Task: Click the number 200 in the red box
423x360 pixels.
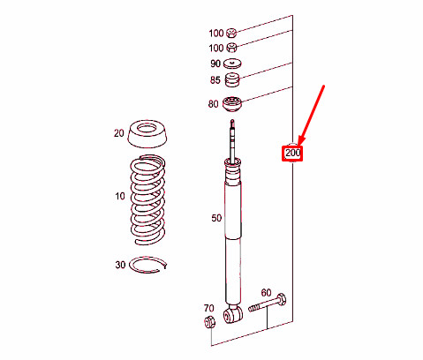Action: point(292,154)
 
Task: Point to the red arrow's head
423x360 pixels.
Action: point(300,143)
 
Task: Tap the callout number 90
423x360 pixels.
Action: point(215,64)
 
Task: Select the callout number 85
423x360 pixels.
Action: point(215,81)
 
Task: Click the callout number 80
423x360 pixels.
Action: point(213,104)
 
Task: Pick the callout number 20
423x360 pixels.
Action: point(119,134)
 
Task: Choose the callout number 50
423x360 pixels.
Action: point(216,217)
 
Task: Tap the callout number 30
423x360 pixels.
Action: point(120,264)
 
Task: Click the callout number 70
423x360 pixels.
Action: point(208,308)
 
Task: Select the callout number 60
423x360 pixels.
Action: point(265,292)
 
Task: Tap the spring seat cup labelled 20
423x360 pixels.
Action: point(148,135)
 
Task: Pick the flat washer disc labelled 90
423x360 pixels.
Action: point(234,64)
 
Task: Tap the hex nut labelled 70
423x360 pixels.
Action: point(210,323)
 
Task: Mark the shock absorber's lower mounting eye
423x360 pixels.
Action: point(234,313)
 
